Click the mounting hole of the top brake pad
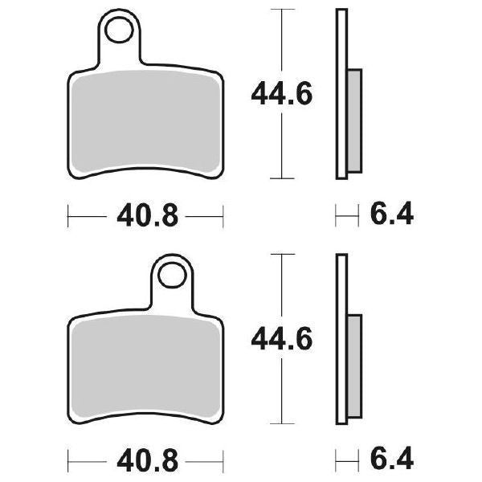point(120,31)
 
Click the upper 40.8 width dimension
point(145,215)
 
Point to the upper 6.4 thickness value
point(391,215)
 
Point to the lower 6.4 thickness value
point(391,461)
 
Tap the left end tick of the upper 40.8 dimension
point(68,215)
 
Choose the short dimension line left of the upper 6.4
point(346,215)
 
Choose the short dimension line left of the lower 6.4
point(346,461)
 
